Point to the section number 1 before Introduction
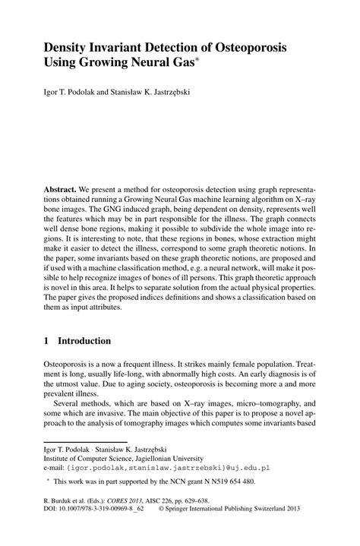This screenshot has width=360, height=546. (x=47, y=342)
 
